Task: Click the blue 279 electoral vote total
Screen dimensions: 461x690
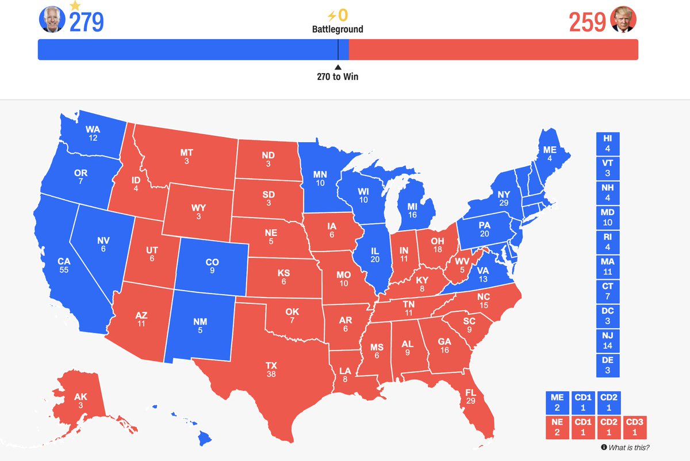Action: pyautogui.click(x=86, y=22)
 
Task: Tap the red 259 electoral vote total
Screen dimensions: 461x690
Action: pyautogui.click(x=587, y=22)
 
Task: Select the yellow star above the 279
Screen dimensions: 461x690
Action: pyautogui.click(x=75, y=5)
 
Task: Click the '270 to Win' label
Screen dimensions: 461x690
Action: pyautogui.click(x=338, y=76)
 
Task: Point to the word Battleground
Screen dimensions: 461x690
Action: pyautogui.click(x=338, y=29)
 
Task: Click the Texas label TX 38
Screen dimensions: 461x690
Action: pyautogui.click(x=271, y=369)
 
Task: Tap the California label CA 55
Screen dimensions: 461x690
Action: pyautogui.click(x=64, y=265)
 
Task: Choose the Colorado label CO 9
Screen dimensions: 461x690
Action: pyautogui.click(x=212, y=266)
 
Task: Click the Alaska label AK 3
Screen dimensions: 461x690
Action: pyautogui.click(x=81, y=401)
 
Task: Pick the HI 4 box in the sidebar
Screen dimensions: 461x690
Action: pyautogui.click(x=608, y=143)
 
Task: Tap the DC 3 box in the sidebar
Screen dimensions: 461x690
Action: pyautogui.click(x=608, y=315)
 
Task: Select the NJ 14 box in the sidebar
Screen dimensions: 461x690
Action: pyautogui.click(x=608, y=341)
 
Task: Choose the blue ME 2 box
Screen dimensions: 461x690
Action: pyautogui.click(x=557, y=402)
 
